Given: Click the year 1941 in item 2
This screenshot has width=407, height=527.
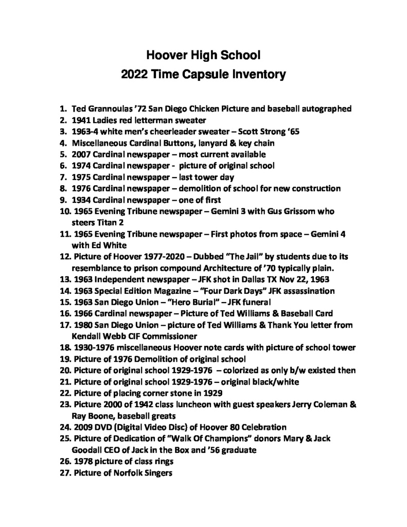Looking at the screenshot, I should pyautogui.click(x=82, y=120).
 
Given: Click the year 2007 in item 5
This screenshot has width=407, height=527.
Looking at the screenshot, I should pyautogui.click(x=82, y=154).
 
